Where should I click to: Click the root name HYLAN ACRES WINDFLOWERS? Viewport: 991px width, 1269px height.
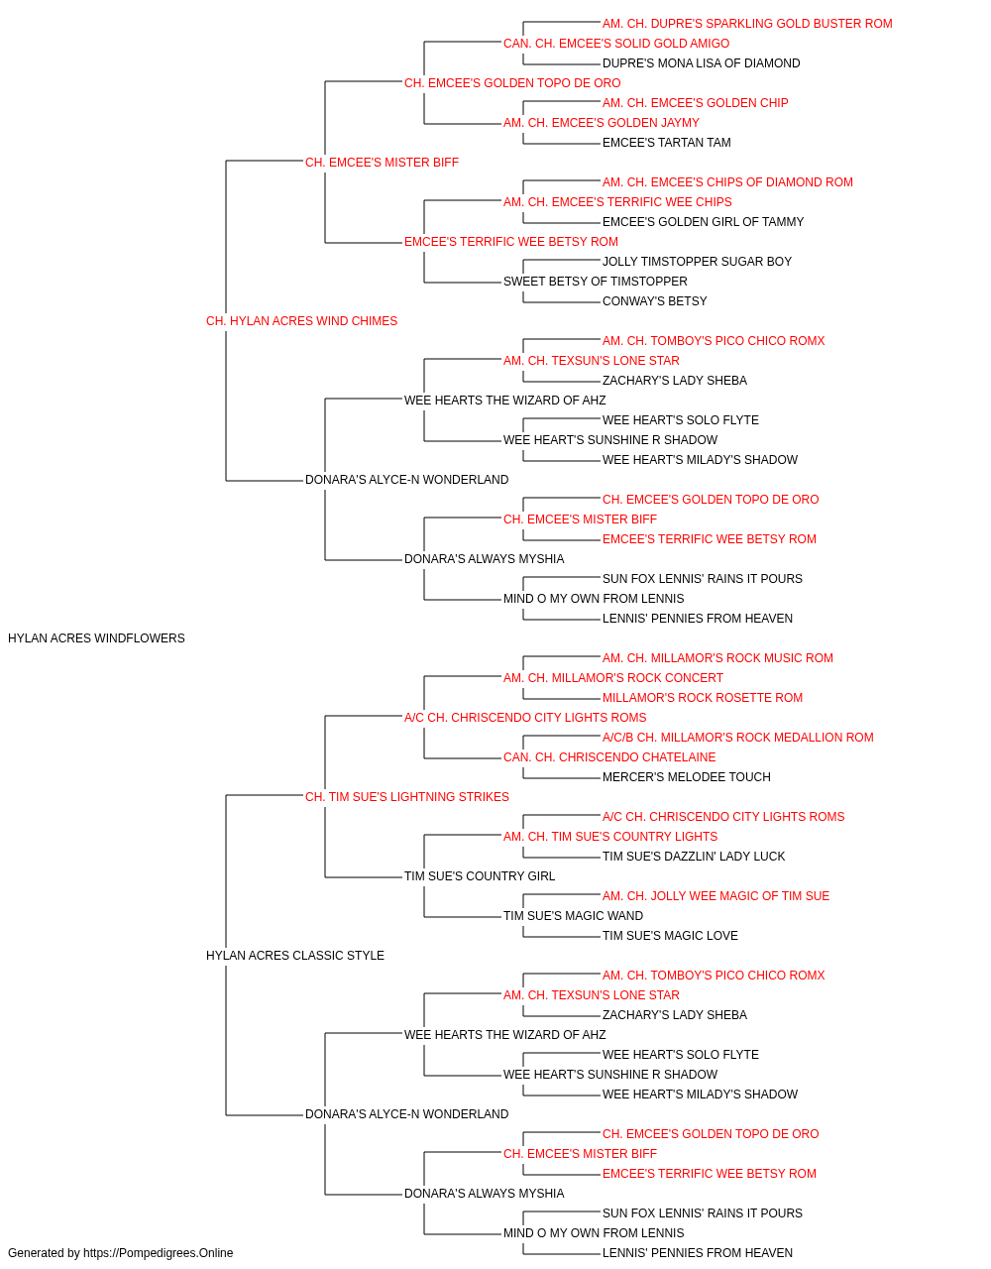click(x=96, y=638)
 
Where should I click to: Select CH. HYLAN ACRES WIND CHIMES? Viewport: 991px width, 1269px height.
click(x=301, y=321)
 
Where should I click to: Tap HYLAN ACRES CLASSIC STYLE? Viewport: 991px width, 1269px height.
click(x=295, y=956)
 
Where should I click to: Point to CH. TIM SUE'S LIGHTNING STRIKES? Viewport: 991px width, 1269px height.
click(x=407, y=796)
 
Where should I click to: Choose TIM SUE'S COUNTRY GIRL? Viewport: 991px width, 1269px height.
click(x=480, y=876)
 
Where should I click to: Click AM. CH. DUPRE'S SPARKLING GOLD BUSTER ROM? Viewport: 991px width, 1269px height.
click(x=747, y=24)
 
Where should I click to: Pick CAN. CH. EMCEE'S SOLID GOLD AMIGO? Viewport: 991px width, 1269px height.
click(x=616, y=44)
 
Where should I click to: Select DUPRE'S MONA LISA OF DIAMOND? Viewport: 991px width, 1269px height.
click(x=702, y=63)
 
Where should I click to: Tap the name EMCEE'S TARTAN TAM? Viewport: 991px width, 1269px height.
click(x=667, y=143)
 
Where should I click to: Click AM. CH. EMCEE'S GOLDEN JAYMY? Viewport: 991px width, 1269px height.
click(x=602, y=123)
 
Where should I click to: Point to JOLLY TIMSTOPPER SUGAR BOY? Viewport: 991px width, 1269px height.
click(x=698, y=262)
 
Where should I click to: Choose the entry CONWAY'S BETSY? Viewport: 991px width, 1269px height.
click(x=655, y=301)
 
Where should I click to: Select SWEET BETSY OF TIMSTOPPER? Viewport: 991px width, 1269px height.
click(x=596, y=282)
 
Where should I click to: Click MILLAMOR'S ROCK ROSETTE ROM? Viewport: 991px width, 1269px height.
click(x=703, y=698)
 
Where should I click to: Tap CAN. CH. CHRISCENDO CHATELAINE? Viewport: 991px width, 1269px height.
click(x=609, y=757)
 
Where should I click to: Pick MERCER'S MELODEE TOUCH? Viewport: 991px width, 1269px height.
click(x=687, y=777)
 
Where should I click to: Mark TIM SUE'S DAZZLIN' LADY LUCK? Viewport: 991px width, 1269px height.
click(x=694, y=857)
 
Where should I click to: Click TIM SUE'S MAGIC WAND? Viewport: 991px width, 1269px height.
click(x=574, y=916)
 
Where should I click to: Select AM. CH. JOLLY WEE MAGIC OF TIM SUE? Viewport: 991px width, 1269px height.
click(x=716, y=896)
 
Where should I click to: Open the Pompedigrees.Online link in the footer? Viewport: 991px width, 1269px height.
click(x=159, y=1253)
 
